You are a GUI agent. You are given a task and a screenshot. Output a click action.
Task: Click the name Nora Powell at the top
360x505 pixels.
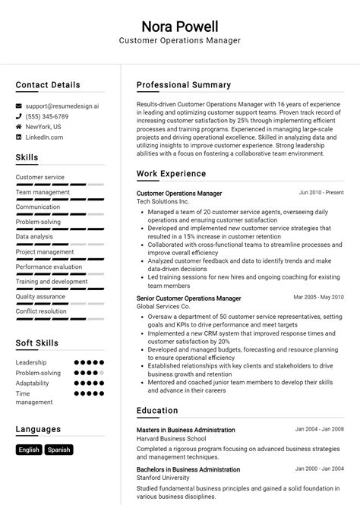[x=179, y=26]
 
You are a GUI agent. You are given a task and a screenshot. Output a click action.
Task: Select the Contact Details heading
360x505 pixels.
[x=48, y=85]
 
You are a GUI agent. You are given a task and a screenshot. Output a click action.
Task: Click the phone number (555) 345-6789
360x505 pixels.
[x=46, y=116]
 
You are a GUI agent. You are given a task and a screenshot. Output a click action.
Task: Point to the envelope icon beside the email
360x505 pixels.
[x=19, y=106]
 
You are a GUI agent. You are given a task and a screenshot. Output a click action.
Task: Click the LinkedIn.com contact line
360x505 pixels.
[x=44, y=137]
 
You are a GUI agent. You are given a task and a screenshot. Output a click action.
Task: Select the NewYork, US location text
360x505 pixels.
[x=43, y=127]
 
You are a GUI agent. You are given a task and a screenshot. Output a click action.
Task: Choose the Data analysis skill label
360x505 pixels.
[x=34, y=236]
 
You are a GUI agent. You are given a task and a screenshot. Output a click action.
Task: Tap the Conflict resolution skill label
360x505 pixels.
[x=41, y=311]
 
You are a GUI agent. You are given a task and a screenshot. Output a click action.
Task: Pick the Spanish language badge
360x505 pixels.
[x=58, y=450]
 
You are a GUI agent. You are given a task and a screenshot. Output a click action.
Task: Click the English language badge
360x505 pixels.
[x=29, y=450]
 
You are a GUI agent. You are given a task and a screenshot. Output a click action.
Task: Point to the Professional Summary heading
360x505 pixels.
[x=184, y=85]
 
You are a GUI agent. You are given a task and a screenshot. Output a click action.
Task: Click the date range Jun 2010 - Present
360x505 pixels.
[x=321, y=193]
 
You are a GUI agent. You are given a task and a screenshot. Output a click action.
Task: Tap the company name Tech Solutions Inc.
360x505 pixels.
[x=163, y=201]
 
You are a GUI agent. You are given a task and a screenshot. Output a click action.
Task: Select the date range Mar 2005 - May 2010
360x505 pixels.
[x=318, y=298]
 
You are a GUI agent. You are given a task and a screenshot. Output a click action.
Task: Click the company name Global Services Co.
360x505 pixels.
[x=164, y=306]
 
